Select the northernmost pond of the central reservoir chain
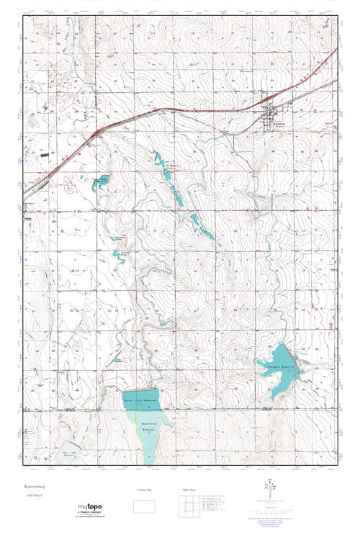tap(158, 160)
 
